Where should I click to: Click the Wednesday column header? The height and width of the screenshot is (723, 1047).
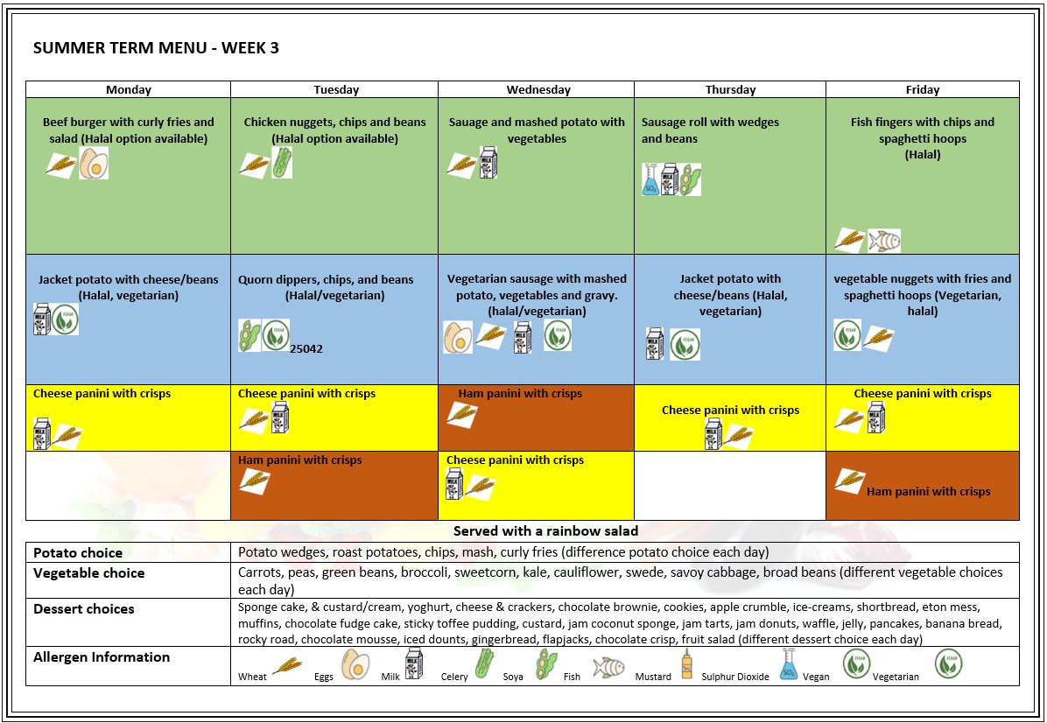click(538, 89)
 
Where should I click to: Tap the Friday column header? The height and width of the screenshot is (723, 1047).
click(922, 89)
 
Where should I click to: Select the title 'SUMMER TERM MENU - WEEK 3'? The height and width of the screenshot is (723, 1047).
click(156, 48)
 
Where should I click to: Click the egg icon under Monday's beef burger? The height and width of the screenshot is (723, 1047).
click(94, 164)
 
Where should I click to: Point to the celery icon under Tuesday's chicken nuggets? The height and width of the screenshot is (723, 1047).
click(282, 163)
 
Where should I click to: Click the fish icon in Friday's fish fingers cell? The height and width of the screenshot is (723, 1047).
click(883, 241)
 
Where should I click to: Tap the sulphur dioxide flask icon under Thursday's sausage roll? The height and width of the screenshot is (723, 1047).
click(650, 179)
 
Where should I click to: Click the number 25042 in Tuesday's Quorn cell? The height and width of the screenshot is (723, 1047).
click(306, 348)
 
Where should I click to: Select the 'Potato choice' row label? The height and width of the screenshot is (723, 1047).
click(78, 553)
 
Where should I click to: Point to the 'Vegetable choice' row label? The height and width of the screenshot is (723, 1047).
click(88, 573)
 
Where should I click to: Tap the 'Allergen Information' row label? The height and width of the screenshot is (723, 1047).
click(102, 657)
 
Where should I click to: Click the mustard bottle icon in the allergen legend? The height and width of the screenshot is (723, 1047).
click(686, 665)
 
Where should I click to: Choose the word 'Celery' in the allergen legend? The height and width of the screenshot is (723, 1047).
click(454, 677)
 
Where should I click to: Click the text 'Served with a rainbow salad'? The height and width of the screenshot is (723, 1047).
click(545, 531)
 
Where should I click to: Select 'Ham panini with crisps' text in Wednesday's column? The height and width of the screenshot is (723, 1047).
click(520, 394)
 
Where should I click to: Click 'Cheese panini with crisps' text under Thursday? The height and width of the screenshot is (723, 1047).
click(730, 411)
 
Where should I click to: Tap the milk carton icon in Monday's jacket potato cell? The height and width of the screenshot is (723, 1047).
click(40, 319)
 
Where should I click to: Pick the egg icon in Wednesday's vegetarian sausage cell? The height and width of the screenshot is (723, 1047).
click(458, 337)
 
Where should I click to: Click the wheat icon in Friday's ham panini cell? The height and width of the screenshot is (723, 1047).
click(847, 480)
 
